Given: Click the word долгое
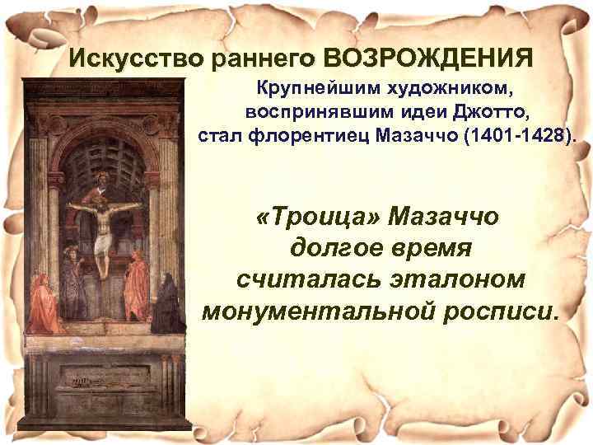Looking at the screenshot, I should [x=329, y=249].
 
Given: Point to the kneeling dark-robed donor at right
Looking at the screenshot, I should [x=166, y=305].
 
